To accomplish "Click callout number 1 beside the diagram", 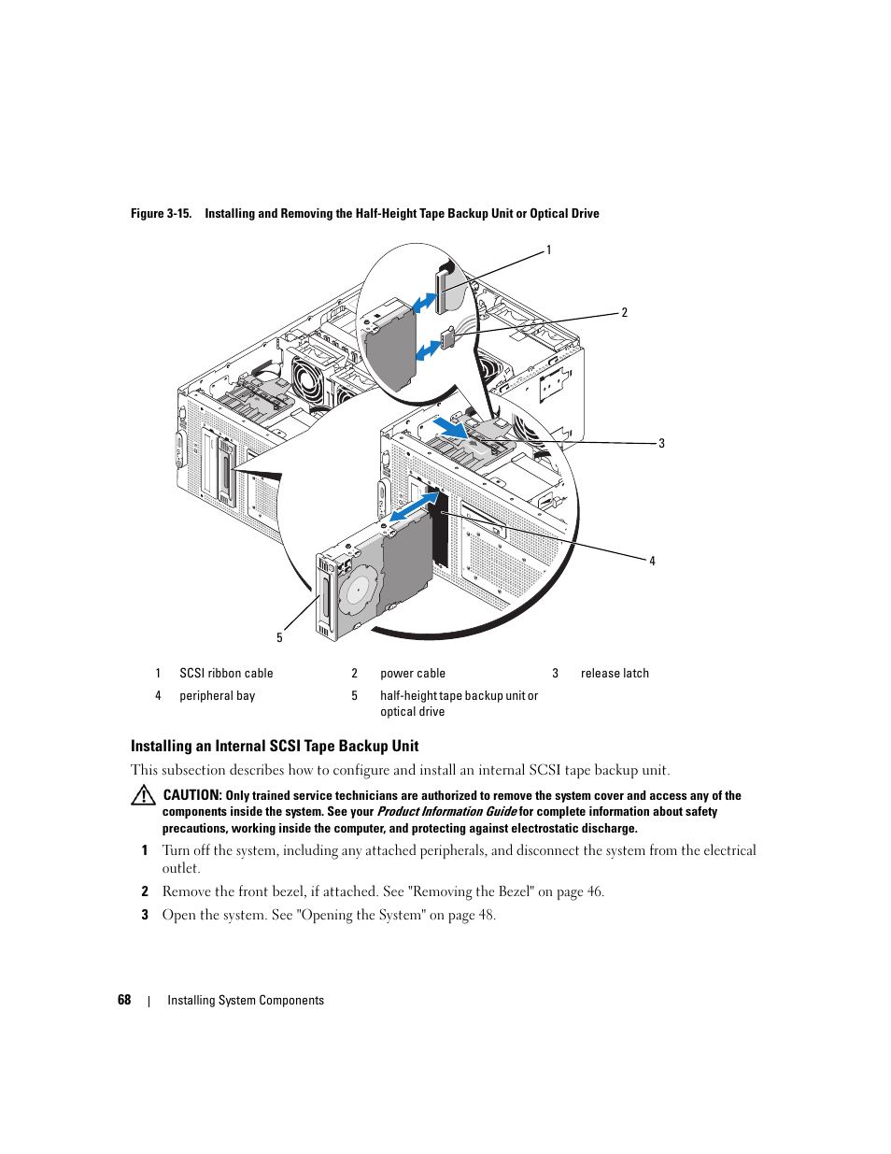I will click(549, 250).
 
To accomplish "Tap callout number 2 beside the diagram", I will click(625, 313).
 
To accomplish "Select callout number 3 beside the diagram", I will click(661, 444).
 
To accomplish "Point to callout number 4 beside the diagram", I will click(652, 562).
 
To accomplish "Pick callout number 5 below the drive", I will click(279, 638).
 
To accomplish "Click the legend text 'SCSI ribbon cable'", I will click(226, 674).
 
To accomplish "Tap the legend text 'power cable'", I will click(413, 674).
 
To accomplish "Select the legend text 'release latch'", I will click(615, 674).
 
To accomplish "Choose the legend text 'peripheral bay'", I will click(217, 696).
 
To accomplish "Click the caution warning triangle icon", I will click(143, 795).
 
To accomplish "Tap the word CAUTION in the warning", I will click(191, 795).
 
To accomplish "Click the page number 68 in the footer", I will click(124, 1000).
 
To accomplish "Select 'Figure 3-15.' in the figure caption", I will click(161, 214).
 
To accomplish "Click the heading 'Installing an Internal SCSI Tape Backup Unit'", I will click(275, 746).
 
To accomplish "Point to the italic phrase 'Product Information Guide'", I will click(446, 812).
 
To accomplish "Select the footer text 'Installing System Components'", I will click(246, 1001).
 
